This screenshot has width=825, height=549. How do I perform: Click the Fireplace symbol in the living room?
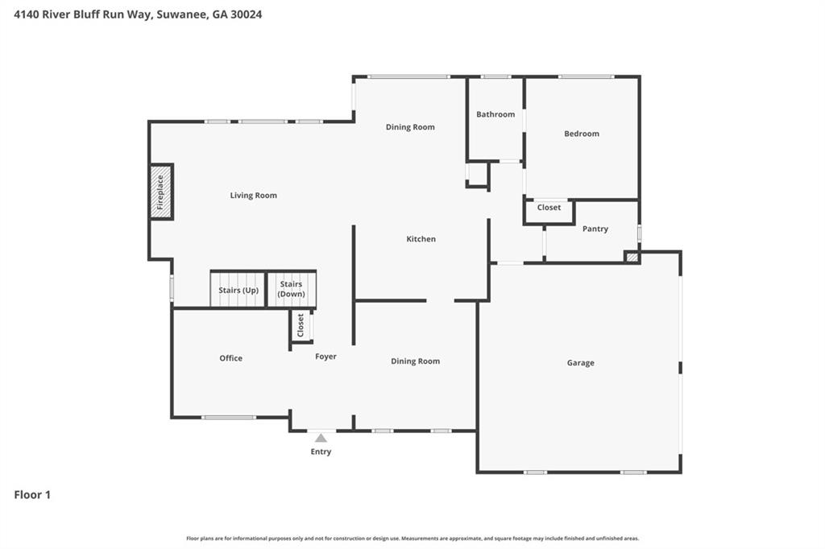point(160,192)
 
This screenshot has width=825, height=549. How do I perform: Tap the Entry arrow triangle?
point(321,438)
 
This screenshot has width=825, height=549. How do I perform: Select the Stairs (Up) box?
point(238,290)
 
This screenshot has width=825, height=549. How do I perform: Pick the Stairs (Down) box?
point(291,289)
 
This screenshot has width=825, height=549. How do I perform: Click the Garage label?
point(580,363)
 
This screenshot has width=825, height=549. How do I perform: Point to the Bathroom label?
point(495,114)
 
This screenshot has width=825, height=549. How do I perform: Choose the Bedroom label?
point(581,134)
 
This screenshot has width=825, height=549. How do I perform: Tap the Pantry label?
point(595,229)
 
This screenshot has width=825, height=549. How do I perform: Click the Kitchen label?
point(421,239)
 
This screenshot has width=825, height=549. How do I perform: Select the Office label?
point(230,358)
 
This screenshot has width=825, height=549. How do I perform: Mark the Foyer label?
point(325,357)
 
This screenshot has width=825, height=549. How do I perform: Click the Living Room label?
point(253,196)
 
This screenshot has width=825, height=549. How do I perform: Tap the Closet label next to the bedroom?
point(549,208)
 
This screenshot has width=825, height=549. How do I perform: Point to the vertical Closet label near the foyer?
point(301,326)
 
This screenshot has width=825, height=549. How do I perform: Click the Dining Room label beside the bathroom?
point(410,127)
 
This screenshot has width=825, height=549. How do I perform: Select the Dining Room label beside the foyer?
point(415,361)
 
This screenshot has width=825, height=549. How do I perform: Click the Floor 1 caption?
point(32,495)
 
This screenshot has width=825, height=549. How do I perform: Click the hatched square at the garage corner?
point(632,258)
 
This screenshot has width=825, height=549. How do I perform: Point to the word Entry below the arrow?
point(321,452)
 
